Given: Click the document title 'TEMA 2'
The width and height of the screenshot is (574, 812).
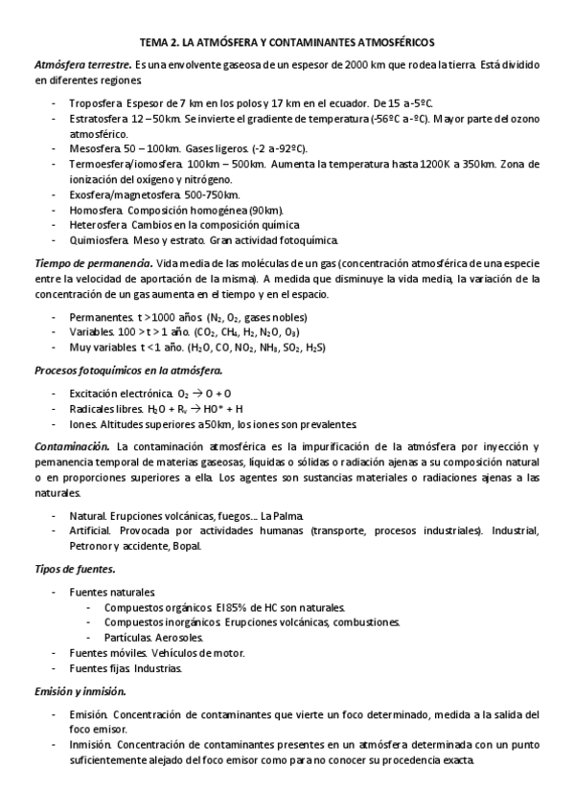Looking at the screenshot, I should [166, 42].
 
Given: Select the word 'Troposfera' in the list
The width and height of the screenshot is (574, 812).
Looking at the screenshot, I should [96, 103].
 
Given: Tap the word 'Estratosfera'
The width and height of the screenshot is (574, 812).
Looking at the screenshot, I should [100, 119].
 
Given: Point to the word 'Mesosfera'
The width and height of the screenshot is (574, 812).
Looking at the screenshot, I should [95, 149].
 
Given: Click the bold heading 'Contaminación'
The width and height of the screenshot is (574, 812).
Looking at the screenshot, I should [72, 447].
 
